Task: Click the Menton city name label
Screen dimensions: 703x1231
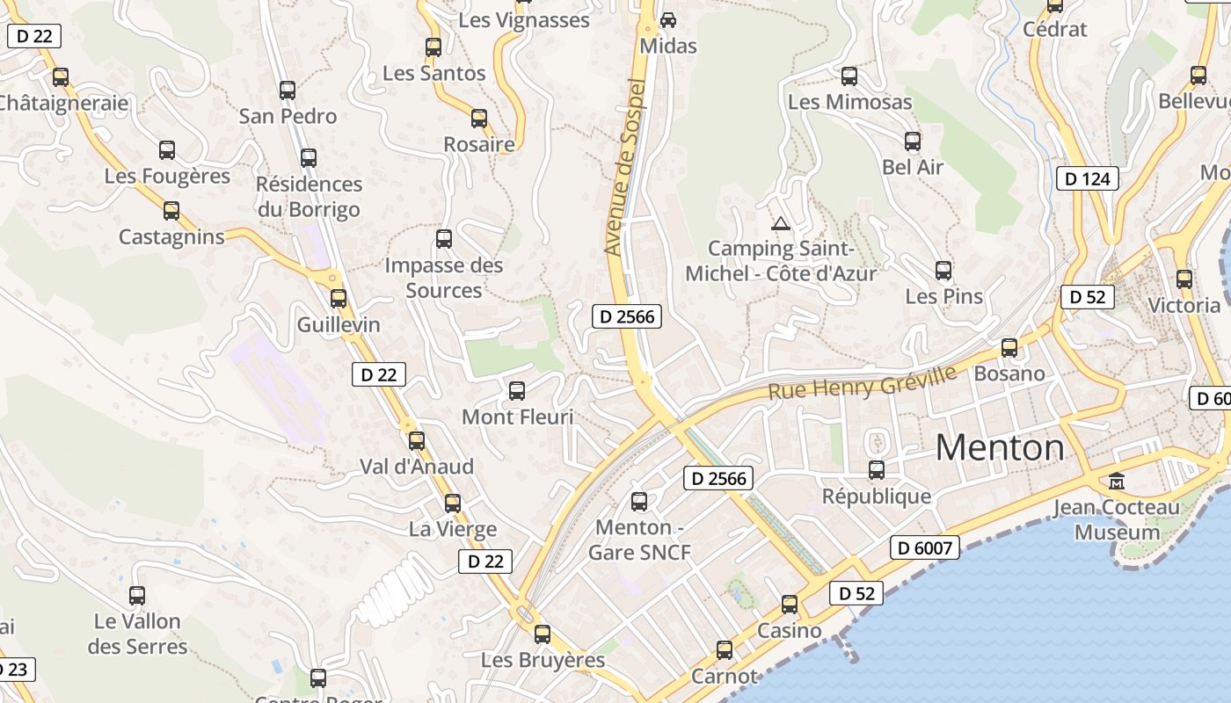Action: pos(1000,448)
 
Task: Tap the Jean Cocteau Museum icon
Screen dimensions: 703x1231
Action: pos(1117,481)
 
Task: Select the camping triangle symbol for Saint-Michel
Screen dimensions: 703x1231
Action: pos(780,223)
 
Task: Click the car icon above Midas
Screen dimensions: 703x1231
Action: pos(668,19)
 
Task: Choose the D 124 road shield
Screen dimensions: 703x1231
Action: pos(1088,178)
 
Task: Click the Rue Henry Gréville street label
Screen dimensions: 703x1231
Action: pos(862,382)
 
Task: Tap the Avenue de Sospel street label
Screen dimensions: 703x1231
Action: pos(626,167)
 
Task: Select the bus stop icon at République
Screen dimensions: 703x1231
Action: pos(877,470)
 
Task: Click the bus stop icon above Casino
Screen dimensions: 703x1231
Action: pos(790,605)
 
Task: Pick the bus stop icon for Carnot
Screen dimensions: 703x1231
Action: pos(725,650)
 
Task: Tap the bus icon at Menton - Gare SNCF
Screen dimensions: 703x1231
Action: pos(639,502)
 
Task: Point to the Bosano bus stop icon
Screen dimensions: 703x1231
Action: pos(1009,348)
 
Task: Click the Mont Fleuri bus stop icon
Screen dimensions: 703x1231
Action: pos(517,391)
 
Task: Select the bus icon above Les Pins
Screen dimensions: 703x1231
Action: pos(943,271)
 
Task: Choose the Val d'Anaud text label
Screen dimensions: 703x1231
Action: pos(417,467)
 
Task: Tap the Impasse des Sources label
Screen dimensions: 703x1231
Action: pos(444,278)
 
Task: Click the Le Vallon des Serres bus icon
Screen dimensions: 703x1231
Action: pos(137,596)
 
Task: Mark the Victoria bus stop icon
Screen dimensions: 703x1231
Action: pos(1184,280)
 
